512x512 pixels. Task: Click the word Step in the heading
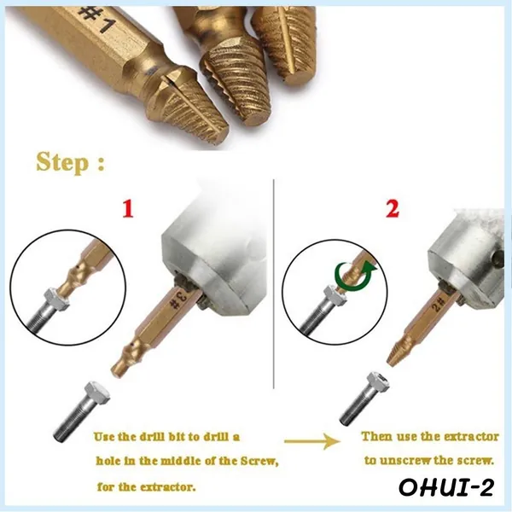pos(62,162)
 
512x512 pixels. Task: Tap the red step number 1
pos(128,209)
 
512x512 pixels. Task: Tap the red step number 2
pos(393,209)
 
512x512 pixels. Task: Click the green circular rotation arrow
pos(356,276)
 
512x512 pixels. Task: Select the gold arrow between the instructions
pos(312,441)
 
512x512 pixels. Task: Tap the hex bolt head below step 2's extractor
pos(378,382)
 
